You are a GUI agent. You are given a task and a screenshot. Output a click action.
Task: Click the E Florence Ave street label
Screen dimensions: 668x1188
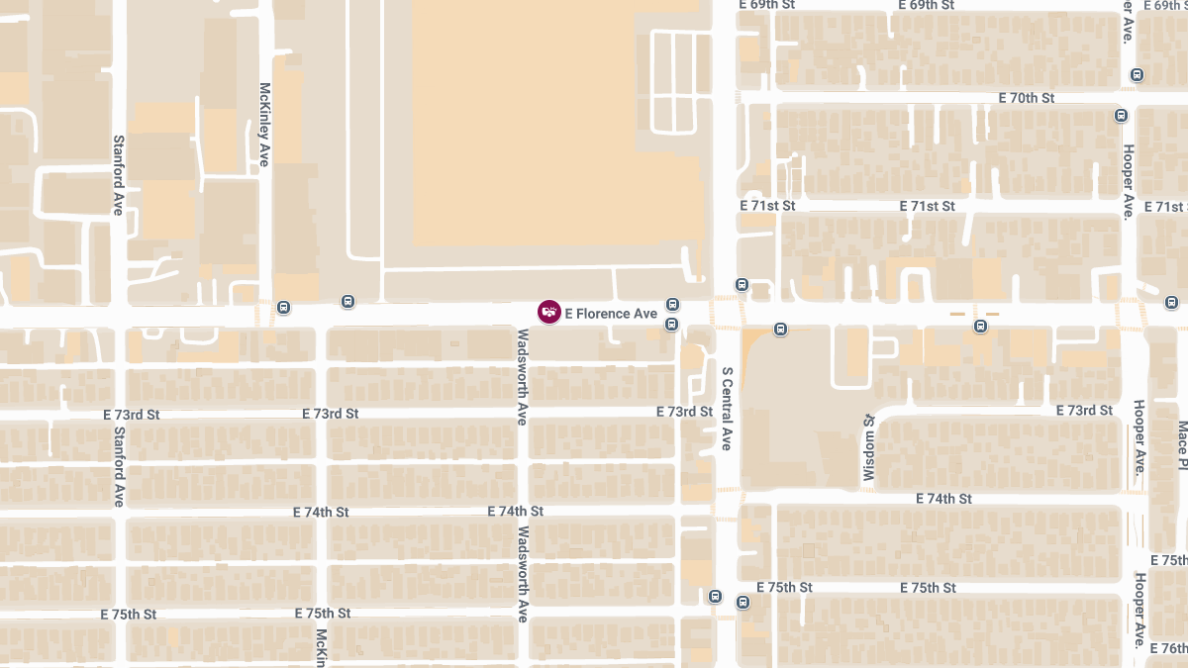click(x=611, y=314)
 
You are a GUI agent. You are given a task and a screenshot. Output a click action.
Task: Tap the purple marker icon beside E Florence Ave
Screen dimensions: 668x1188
click(x=548, y=313)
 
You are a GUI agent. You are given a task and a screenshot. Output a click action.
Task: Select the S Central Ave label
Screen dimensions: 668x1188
click(x=726, y=409)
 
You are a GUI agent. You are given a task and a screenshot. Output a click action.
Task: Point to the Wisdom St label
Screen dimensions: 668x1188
click(x=869, y=448)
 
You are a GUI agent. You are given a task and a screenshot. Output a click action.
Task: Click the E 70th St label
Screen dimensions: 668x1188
click(x=1027, y=98)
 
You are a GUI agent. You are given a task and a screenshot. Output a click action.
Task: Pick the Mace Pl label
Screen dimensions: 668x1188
click(x=1182, y=444)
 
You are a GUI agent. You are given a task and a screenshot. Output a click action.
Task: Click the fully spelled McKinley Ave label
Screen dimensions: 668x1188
click(x=264, y=124)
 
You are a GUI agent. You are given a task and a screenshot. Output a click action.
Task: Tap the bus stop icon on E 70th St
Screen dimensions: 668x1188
click(x=1121, y=115)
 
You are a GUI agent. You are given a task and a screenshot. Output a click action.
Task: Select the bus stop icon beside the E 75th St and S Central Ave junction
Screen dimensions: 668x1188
click(x=716, y=597)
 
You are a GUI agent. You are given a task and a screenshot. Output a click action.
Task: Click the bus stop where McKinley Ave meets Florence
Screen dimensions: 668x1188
click(x=284, y=307)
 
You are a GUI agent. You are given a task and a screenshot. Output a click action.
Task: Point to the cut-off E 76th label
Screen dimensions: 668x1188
click(x=1169, y=648)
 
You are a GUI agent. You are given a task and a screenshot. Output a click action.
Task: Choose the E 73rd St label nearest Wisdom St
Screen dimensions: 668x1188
click(x=1084, y=411)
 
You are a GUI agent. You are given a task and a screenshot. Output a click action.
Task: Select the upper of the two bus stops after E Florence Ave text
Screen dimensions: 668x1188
click(x=672, y=305)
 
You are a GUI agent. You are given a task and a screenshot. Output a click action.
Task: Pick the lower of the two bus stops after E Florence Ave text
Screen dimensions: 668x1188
click(x=672, y=324)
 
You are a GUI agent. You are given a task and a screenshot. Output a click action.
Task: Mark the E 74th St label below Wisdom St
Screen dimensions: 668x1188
click(x=944, y=499)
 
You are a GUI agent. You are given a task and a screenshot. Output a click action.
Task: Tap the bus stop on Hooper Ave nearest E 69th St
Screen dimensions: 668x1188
click(x=1137, y=74)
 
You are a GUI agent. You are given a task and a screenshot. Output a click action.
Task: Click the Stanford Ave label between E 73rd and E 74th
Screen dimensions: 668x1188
click(x=118, y=466)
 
